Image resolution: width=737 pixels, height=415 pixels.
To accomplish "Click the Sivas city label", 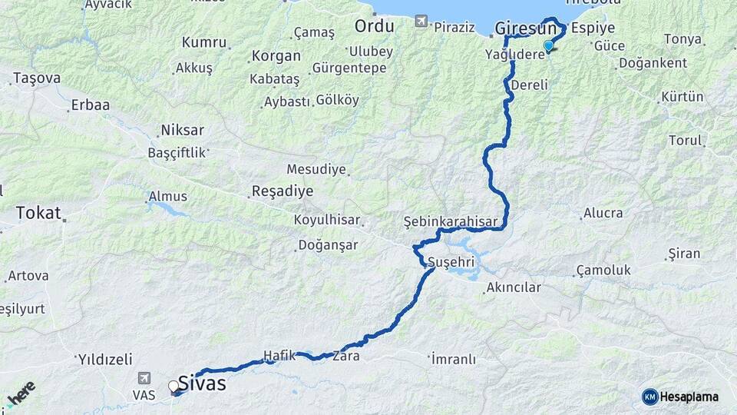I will click(x=202, y=382).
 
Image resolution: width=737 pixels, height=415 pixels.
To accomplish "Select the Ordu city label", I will click(x=374, y=26).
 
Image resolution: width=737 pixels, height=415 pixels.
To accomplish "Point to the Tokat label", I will click(x=38, y=213).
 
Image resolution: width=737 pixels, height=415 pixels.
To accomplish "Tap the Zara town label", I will click(x=345, y=356).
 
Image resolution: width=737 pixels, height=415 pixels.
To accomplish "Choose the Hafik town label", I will click(x=279, y=355).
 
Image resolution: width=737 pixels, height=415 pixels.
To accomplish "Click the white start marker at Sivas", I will click(x=174, y=386).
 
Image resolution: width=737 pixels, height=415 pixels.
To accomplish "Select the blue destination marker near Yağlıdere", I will click(x=548, y=46).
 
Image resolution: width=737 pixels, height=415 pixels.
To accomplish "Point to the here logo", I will click(x=21, y=393).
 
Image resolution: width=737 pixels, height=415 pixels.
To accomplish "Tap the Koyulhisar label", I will click(x=327, y=220).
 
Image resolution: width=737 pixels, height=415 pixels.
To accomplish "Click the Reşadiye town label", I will click(x=283, y=191).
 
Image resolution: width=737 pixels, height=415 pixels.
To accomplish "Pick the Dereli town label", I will click(x=528, y=85).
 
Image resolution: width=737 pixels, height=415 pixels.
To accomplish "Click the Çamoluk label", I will click(x=603, y=270).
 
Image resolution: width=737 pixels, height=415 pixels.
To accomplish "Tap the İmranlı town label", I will click(x=453, y=359).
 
